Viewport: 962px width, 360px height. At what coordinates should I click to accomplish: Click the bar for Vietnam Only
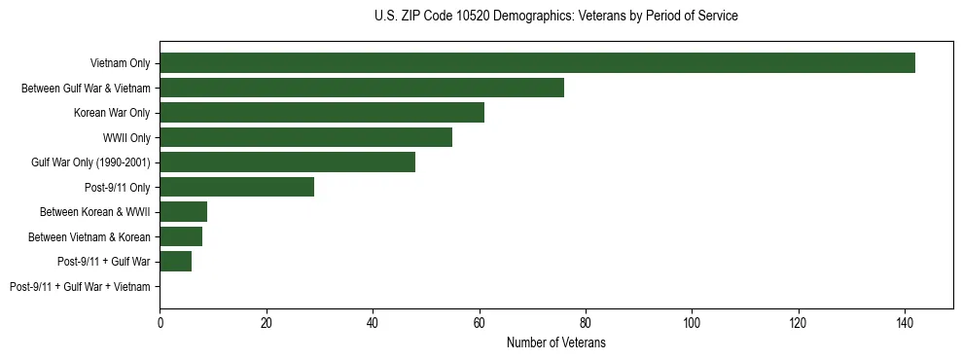click(537, 63)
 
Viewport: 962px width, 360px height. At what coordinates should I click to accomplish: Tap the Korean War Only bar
click(322, 113)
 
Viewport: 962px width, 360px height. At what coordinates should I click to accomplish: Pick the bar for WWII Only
click(305, 137)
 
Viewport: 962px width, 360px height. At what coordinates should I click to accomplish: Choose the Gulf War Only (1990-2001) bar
click(287, 162)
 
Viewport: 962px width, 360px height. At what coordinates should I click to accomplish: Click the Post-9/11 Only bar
click(236, 187)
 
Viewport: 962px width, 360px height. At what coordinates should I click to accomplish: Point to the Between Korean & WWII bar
click(183, 212)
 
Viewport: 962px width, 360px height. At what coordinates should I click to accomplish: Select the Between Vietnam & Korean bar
click(181, 236)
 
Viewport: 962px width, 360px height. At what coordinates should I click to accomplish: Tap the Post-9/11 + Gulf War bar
click(175, 261)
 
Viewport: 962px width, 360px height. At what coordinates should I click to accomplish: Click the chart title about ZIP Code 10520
click(555, 17)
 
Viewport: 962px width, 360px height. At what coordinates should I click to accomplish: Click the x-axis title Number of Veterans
click(555, 343)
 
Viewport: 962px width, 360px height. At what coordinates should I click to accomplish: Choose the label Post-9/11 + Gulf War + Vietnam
click(80, 287)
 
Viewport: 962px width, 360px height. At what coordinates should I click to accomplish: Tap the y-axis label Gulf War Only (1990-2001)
click(90, 162)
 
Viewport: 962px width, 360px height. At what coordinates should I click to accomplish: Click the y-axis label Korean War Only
click(112, 113)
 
